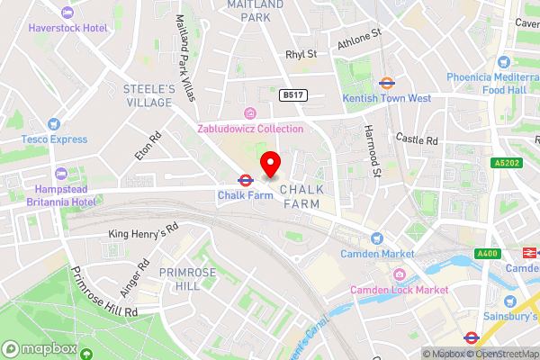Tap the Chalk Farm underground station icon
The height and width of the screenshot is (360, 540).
pyautogui.click(x=244, y=180)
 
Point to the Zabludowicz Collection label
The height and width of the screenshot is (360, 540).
pyautogui.click(x=251, y=129)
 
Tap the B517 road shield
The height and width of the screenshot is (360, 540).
pyautogui.click(x=291, y=94)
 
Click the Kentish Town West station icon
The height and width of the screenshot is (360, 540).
pyautogui.click(x=387, y=82)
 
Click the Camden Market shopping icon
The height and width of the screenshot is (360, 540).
pyautogui.click(x=377, y=238)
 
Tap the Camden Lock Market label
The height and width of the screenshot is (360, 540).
pyautogui.click(x=399, y=290)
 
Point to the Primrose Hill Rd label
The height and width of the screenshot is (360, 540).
pyautogui.click(x=106, y=294)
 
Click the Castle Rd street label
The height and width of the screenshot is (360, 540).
pyautogui.click(x=417, y=139)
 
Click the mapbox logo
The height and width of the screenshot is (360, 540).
pyautogui.click(x=37, y=347)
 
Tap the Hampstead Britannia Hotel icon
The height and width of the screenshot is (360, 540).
pyautogui.click(x=61, y=173)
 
